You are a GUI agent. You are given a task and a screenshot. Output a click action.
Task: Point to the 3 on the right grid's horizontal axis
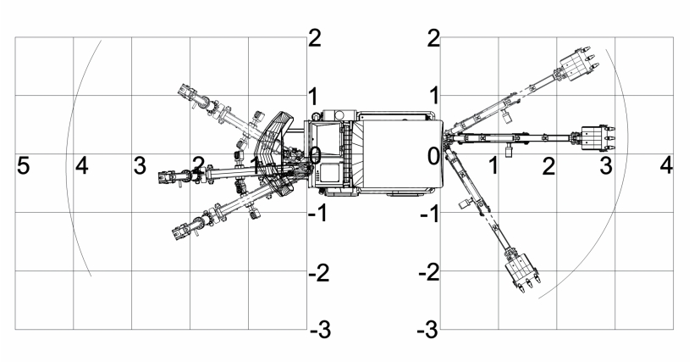[606, 165]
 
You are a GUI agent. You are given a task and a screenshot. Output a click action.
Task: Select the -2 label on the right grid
[429, 273]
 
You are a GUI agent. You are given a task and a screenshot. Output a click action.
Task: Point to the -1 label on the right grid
[429, 214]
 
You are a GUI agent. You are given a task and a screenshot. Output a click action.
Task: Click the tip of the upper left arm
[185, 89]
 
